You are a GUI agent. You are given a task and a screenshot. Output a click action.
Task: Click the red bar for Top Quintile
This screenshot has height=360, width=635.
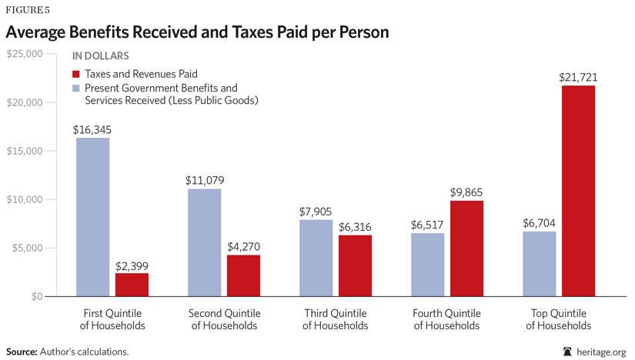click(x=578, y=191)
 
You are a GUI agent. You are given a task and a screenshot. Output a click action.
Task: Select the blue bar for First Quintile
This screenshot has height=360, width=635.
click(x=92, y=217)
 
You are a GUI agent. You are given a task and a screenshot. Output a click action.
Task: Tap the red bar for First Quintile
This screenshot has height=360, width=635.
click(x=132, y=285)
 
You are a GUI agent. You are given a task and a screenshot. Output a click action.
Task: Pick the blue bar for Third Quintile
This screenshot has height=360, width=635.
click(x=316, y=258)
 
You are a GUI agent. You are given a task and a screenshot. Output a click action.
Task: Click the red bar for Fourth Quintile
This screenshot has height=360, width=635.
click(x=466, y=248)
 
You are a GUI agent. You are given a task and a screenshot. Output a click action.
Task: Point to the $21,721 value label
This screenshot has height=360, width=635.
click(x=578, y=78)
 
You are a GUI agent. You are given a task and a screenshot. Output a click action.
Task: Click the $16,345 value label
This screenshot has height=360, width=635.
click(x=92, y=130)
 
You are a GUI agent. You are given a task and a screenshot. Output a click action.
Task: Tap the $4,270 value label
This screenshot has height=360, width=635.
click(x=243, y=247)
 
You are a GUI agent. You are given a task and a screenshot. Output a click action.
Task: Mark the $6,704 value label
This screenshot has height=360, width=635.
click(x=539, y=223)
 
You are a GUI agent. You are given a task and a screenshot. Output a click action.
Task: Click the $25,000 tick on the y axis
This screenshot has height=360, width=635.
click(x=26, y=54)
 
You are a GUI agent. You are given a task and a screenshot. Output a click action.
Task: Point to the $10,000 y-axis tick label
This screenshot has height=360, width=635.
click(x=26, y=199)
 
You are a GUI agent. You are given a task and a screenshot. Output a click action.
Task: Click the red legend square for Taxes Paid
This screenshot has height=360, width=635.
click(x=76, y=75)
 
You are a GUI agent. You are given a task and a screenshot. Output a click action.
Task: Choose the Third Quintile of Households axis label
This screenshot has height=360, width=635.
click(x=336, y=319)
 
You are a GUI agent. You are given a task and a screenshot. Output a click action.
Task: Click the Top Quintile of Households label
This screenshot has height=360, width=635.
click(x=559, y=319)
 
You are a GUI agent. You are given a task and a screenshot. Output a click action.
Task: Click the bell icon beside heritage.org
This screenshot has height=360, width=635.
click(x=568, y=351)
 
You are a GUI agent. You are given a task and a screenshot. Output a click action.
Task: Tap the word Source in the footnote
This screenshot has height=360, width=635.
click(x=22, y=351)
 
